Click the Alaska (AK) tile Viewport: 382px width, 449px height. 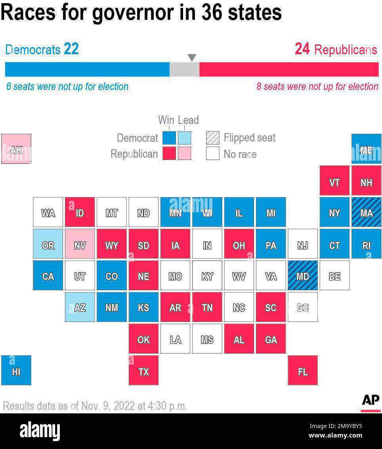(16, 149)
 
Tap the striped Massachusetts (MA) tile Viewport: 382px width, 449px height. (366, 212)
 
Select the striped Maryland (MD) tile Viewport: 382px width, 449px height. (302, 276)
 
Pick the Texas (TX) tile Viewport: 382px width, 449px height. (143, 371)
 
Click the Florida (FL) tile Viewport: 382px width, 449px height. (302, 371)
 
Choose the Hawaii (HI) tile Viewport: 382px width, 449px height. (16, 371)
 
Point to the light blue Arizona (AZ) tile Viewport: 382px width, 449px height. (80, 307)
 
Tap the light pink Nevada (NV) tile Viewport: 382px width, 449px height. (80, 244)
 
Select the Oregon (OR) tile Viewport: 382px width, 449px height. (48, 244)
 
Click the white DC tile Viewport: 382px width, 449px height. (302, 307)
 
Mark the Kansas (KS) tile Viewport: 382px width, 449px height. (143, 307)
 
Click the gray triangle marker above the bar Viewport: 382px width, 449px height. (192, 58)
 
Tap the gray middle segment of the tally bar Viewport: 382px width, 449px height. (184, 69)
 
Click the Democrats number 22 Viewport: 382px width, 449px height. (71, 49)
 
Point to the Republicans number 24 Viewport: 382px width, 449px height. (302, 49)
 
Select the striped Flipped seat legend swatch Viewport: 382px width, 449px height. (212, 138)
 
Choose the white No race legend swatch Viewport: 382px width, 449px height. (212, 154)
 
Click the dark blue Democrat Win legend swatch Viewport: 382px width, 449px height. (169, 138)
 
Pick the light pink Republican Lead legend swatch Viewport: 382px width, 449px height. (184, 154)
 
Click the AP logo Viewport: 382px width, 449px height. (371, 401)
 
